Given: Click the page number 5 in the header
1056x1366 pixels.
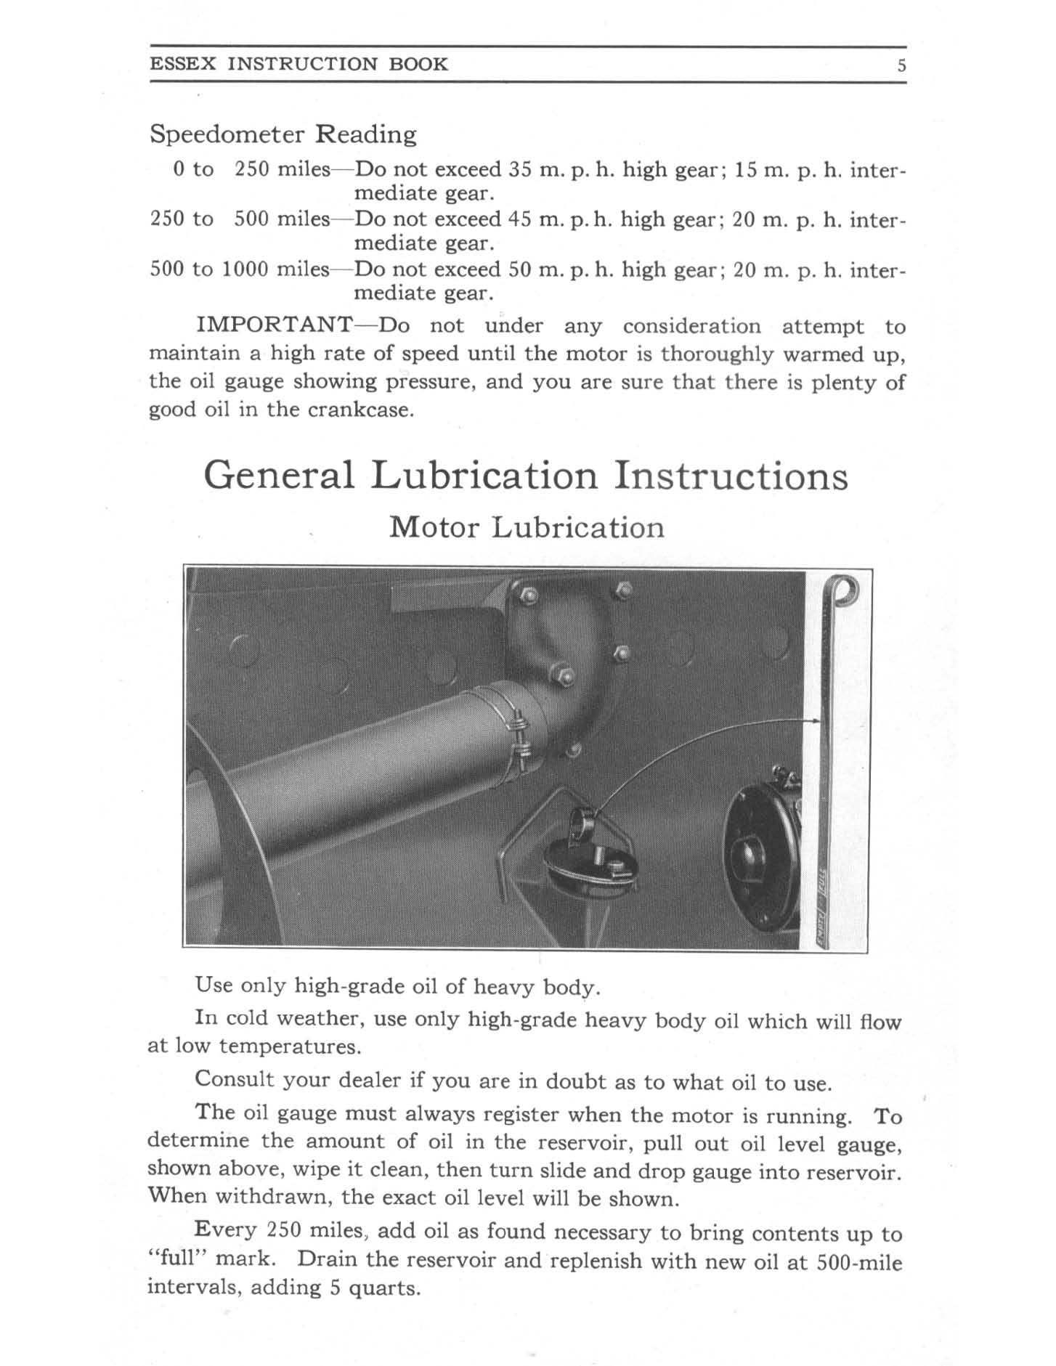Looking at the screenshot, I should tap(901, 65).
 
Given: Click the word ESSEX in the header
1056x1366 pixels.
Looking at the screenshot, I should tap(183, 64).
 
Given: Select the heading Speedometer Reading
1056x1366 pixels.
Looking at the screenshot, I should tap(283, 134).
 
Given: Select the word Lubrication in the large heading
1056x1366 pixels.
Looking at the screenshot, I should tap(484, 476).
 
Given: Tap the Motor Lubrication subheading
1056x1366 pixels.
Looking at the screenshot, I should tap(527, 527).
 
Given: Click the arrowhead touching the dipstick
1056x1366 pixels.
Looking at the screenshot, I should tap(816, 721).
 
